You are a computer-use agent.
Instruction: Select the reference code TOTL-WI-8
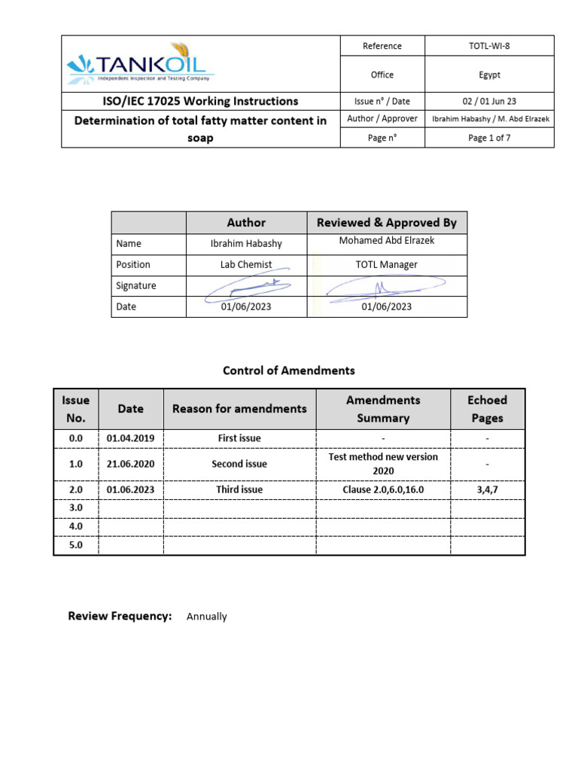point(489,46)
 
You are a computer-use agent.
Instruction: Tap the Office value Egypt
point(489,75)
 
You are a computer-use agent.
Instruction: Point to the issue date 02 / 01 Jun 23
point(489,101)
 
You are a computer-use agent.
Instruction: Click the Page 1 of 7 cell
point(489,138)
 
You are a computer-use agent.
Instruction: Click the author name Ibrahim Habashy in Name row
point(246,244)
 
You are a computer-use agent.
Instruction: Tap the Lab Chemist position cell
point(246,265)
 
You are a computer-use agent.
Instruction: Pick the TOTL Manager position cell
point(387,265)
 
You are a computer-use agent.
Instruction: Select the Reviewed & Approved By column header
point(387,223)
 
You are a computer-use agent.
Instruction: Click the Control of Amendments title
point(289,370)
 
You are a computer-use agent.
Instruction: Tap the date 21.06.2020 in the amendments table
point(130,464)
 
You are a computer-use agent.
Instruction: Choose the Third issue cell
point(239,489)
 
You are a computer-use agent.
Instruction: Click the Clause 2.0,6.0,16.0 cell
point(383,489)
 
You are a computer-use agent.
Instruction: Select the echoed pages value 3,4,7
point(487,489)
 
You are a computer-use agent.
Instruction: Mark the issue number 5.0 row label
point(75,544)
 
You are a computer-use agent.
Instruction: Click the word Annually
point(206,617)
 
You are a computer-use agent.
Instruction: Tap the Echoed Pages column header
point(487,409)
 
